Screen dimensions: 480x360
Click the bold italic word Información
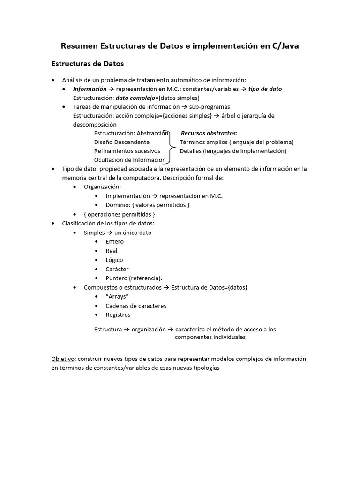click(90, 89)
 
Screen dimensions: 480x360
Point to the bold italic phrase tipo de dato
click(265, 89)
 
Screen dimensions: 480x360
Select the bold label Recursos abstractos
click(209, 133)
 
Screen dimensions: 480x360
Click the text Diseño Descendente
click(122, 142)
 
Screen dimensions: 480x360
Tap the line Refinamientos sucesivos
click(127, 151)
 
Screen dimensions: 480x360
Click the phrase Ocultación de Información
click(130, 160)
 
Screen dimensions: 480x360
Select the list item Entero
click(115, 242)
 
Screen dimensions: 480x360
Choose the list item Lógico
click(114, 260)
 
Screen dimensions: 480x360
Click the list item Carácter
click(117, 269)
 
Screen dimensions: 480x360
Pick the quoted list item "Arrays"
click(117, 297)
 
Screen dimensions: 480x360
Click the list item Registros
click(118, 315)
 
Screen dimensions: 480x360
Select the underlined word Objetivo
click(63, 359)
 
